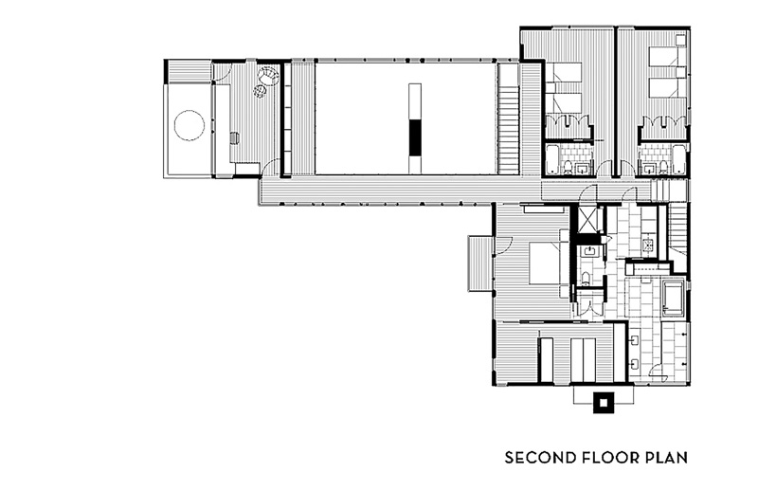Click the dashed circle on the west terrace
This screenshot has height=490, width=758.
coord(189,125)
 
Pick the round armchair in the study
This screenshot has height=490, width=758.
coord(268,76)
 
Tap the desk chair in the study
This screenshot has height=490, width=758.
coord(234,137)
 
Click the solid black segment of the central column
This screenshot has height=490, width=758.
coord(415,137)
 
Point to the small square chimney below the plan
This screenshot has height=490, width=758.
coord(603,403)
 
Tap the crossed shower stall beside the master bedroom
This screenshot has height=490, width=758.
coord(587,220)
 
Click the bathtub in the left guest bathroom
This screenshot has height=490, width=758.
coord(552,159)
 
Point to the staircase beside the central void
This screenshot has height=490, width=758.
coord(509,118)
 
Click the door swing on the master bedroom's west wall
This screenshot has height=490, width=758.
coord(503,246)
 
